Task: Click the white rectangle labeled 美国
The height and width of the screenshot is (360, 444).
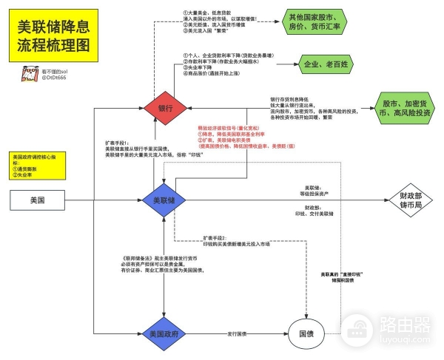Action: coord(36,200)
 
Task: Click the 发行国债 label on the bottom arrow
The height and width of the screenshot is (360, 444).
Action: coord(238,333)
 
